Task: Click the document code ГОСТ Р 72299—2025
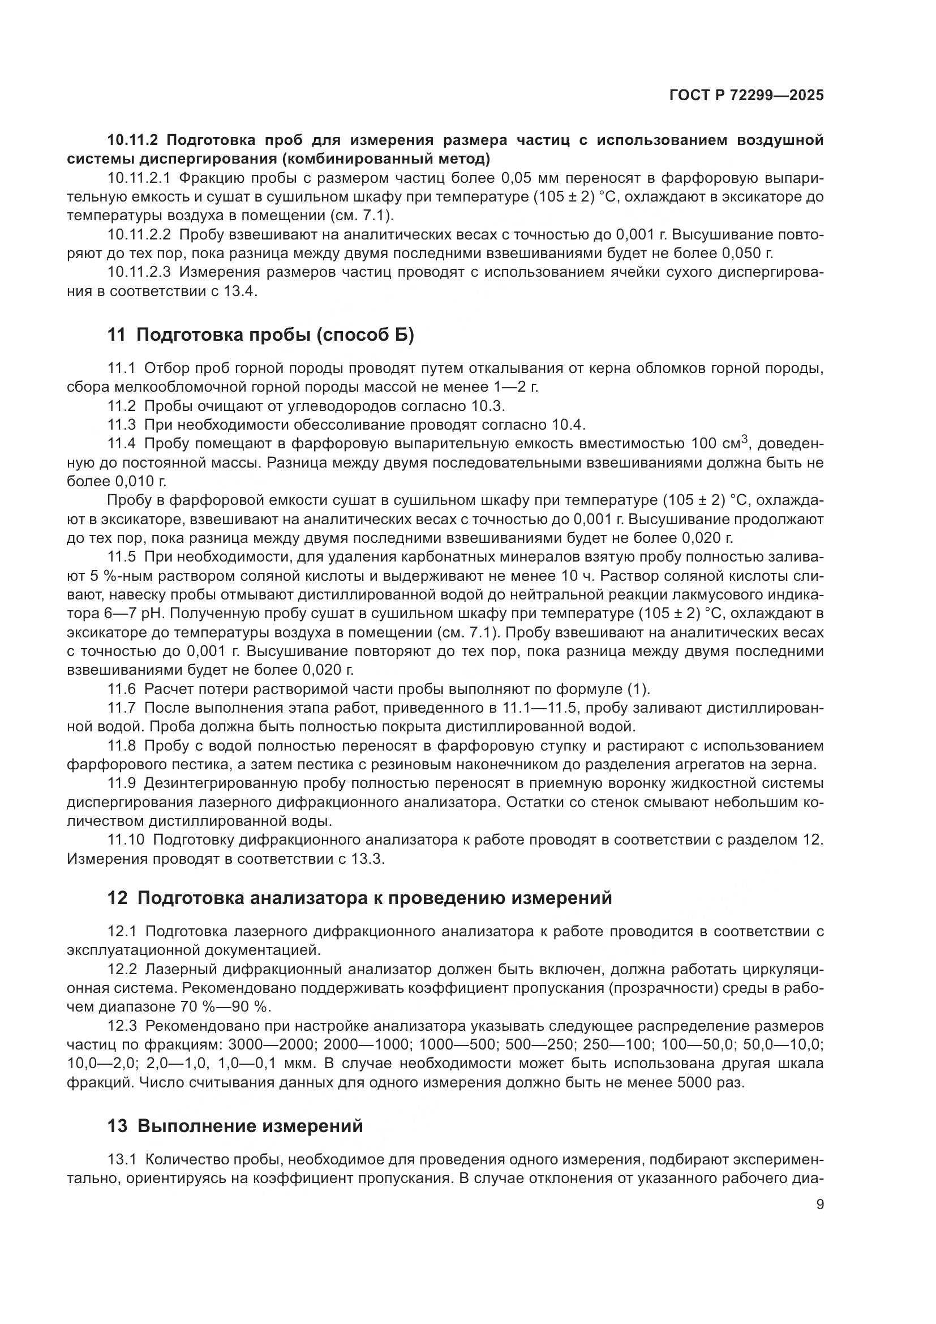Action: click(746, 95)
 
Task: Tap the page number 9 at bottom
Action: click(819, 1205)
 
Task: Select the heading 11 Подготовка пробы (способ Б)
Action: click(260, 335)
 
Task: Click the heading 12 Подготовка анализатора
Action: click(360, 898)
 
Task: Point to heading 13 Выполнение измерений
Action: click(235, 1126)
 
